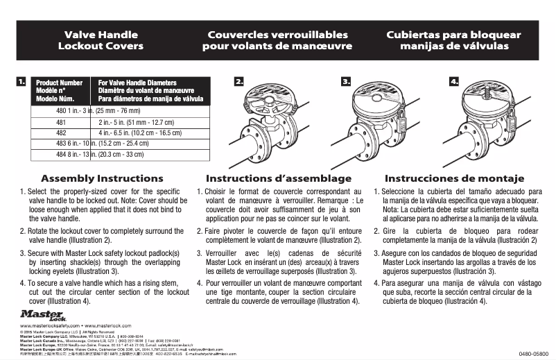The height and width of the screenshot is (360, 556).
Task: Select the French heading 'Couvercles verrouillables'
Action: click(x=277, y=33)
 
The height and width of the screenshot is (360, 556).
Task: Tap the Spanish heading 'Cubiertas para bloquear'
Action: click(x=453, y=33)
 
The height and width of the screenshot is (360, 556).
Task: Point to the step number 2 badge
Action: click(x=239, y=82)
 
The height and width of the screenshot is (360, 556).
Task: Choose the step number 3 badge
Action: click(x=346, y=82)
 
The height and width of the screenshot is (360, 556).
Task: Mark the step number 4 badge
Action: click(x=455, y=82)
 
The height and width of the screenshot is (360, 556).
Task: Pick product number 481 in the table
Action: click(x=61, y=121)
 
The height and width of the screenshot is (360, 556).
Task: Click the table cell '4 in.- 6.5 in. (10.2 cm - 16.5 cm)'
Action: click(x=136, y=132)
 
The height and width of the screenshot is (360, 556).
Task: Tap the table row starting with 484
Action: click(x=104, y=154)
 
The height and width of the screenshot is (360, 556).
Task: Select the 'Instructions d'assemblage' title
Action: click(x=279, y=178)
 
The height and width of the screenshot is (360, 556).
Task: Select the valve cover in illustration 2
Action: click(x=270, y=97)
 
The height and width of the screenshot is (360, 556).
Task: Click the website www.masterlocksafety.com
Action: click(x=51, y=325)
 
